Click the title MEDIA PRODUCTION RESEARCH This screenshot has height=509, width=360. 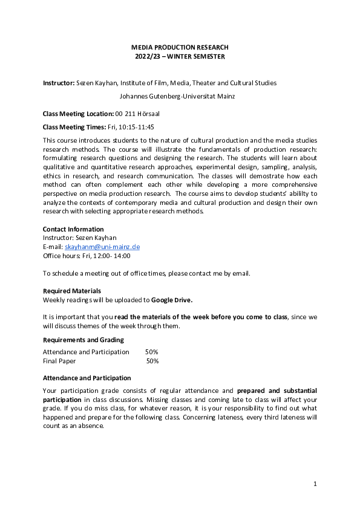click(x=180, y=47)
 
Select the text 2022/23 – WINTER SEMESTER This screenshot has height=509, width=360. click(x=180, y=57)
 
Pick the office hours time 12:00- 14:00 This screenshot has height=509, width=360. click(x=112, y=255)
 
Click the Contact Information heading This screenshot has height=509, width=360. click(x=73, y=229)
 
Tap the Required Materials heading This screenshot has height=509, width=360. click(x=71, y=291)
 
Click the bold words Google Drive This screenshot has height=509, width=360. click(x=171, y=299)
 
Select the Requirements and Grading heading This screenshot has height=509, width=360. click(x=83, y=340)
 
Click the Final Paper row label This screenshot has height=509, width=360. click(x=59, y=361)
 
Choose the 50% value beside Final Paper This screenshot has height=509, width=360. click(x=152, y=361)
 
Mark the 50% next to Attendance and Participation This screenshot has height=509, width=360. click(x=151, y=352)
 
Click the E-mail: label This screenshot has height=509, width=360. click(x=53, y=247)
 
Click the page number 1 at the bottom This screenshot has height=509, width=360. click(x=315, y=484)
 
